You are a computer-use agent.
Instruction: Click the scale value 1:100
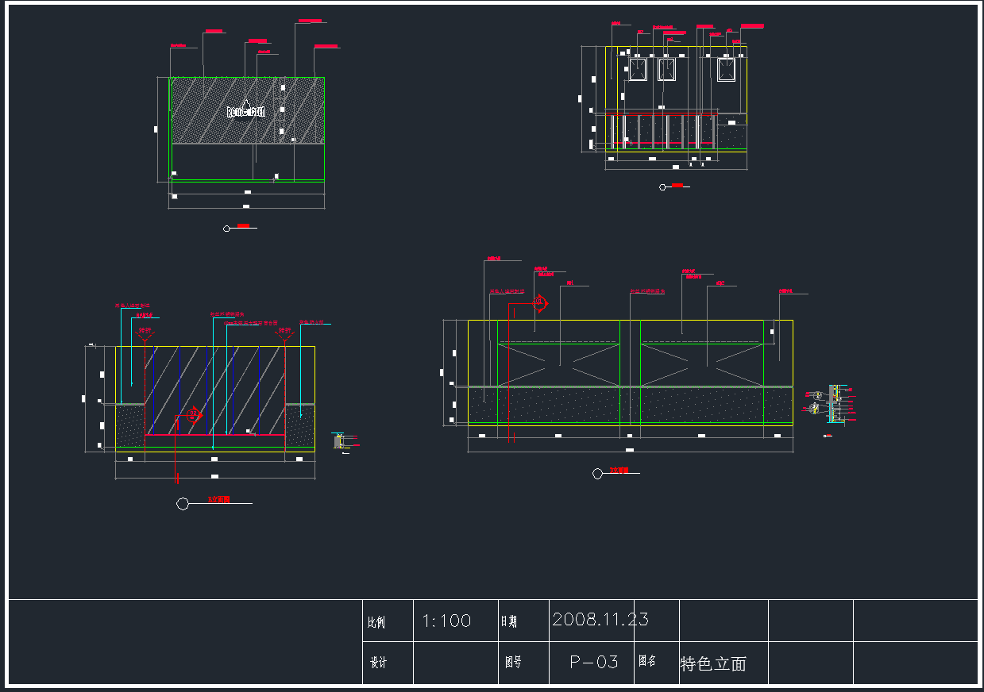tap(446, 621)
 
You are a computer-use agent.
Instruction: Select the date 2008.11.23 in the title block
tap(600, 619)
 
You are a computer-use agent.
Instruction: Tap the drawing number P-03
tap(594, 662)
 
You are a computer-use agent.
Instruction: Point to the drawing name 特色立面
tap(713, 664)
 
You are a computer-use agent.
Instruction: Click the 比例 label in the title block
tap(376, 623)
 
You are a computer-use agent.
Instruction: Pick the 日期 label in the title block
tap(508, 622)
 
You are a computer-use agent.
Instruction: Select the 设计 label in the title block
tap(379, 663)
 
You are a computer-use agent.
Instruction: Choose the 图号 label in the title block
tap(513, 662)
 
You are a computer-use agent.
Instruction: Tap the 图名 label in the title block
tap(647, 661)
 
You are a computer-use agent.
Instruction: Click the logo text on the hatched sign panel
tap(245, 112)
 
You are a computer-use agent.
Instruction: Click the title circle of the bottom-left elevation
tap(183, 504)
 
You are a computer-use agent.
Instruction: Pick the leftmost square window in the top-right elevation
tap(638, 70)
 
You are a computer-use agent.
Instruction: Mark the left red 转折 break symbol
tap(145, 334)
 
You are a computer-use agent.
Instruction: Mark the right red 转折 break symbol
tap(284, 334)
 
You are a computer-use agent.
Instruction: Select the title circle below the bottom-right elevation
tap(597, 474)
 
